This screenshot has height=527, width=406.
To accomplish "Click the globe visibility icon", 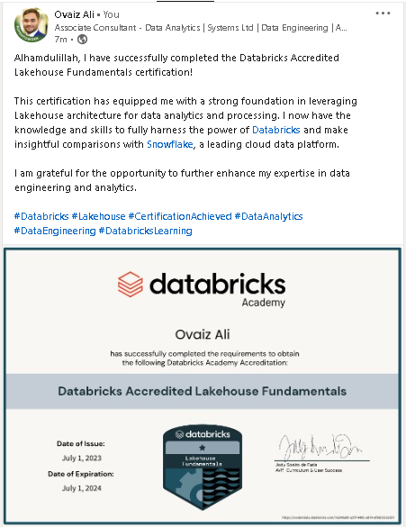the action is coord(83,41).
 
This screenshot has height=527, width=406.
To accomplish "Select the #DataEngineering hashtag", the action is coord(55,231).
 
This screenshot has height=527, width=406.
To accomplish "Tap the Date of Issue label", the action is coord(81,443).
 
